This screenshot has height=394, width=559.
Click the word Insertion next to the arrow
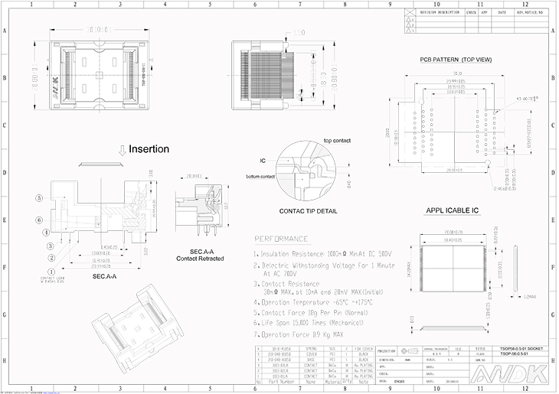(x=149, y=149)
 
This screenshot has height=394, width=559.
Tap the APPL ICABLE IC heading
(x=453, y=210)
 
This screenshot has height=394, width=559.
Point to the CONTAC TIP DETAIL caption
(x=309, y=210)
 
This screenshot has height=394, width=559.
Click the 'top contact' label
(x=338, y=142)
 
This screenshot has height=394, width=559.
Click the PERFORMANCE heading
(x=281, y=239)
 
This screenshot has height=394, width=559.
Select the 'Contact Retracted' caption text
(x=201, y=259)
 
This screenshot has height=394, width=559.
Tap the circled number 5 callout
(x=39, y=197)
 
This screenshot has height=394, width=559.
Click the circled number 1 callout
(x=51, y=271)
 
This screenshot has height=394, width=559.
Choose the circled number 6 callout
(x=39, y=220)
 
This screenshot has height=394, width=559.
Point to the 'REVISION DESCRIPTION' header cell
(x=440, y=12)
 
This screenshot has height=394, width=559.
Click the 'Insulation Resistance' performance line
(x=322, y=253)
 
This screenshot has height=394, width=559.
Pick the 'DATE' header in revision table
(x=502, y=12)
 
